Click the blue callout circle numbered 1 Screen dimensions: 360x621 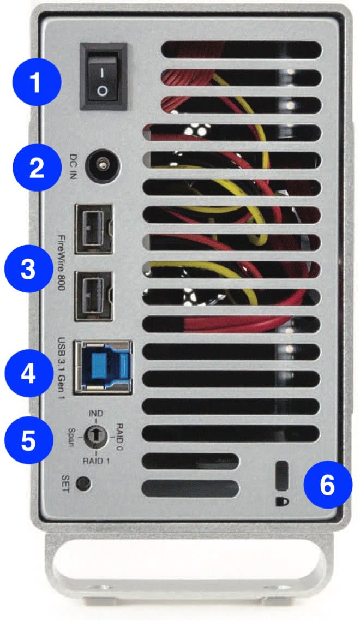coord(37,82)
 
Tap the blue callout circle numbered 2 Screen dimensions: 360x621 coord(37,167)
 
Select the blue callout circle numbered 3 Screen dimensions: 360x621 coord(28,269)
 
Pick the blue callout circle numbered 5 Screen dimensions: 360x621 coord(28,440)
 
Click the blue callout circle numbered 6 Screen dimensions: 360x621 coord(327,485)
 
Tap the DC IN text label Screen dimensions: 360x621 coord(73,166)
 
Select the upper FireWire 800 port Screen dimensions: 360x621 coord(94,229)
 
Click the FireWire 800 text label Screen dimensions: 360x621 coord(61,262)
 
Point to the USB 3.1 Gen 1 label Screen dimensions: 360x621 coord(61,368)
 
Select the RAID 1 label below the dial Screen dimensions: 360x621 coord(95,461)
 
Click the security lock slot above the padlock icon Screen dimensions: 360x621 coord(282,475)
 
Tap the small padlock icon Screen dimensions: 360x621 coord(282,502)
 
